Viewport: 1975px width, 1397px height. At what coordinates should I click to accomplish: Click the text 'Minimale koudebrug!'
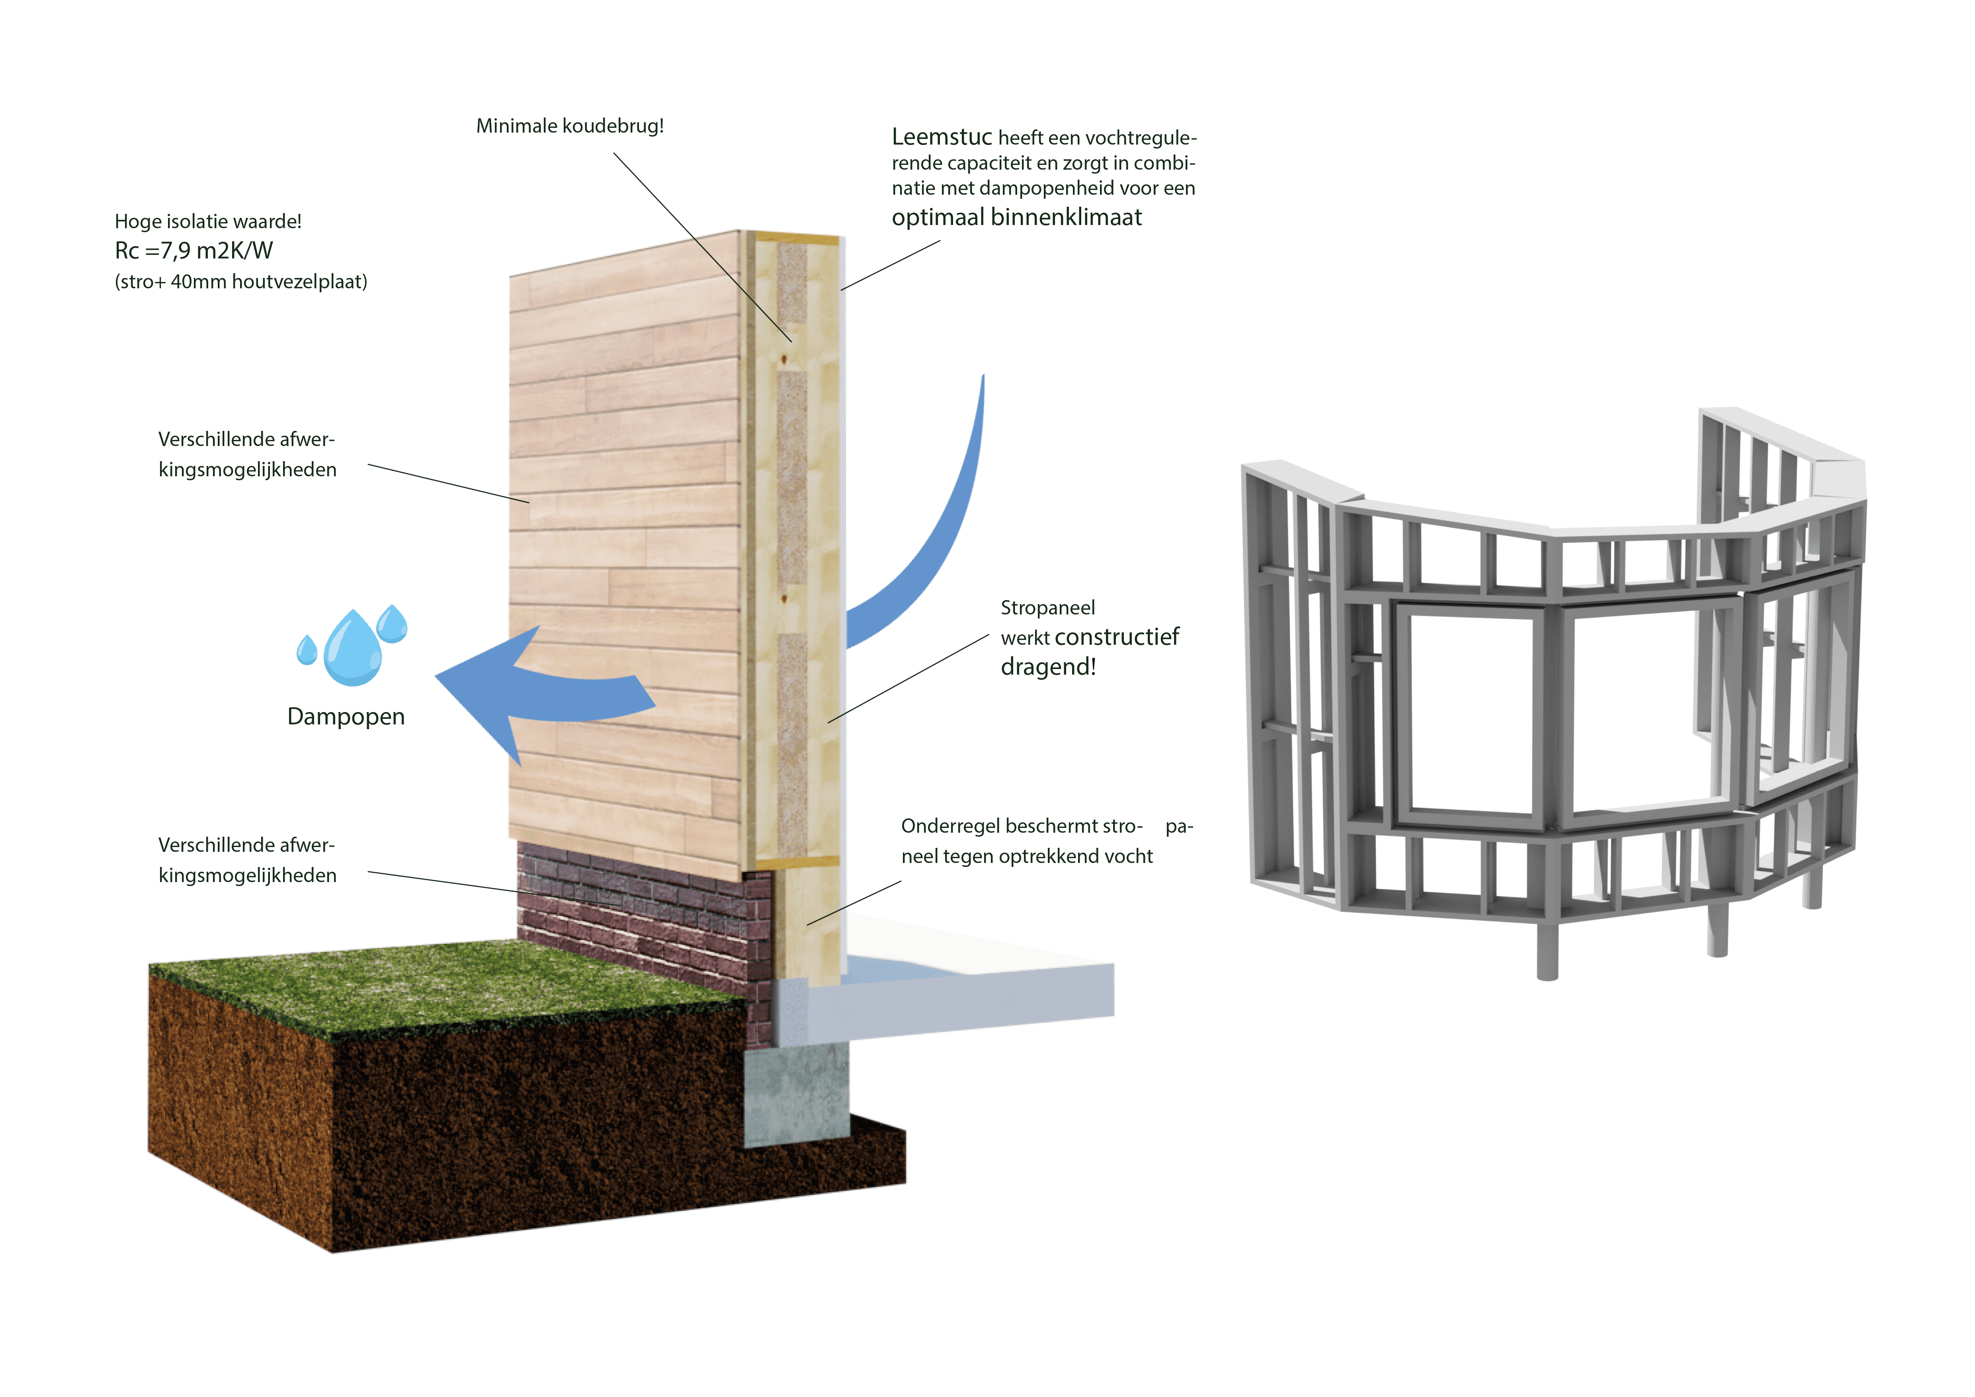point(569,127)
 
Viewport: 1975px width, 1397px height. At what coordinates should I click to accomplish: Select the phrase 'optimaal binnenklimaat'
point(1017,218)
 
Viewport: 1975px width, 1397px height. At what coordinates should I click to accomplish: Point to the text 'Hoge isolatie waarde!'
point(208,222)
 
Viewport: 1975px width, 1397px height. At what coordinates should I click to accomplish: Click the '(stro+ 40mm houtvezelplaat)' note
point(241,282)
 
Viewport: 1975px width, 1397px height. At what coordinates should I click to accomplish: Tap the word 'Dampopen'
point(346,716)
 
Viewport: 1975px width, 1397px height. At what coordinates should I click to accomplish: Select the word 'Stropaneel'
point(1048,608)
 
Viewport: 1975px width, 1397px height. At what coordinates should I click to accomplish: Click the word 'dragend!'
point(1048,667)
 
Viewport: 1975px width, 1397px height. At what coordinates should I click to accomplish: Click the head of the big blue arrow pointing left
point(482,688)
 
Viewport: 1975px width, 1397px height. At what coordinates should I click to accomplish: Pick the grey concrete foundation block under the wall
point(796,1092)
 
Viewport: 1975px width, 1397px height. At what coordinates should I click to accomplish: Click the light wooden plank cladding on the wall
point(624,516)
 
